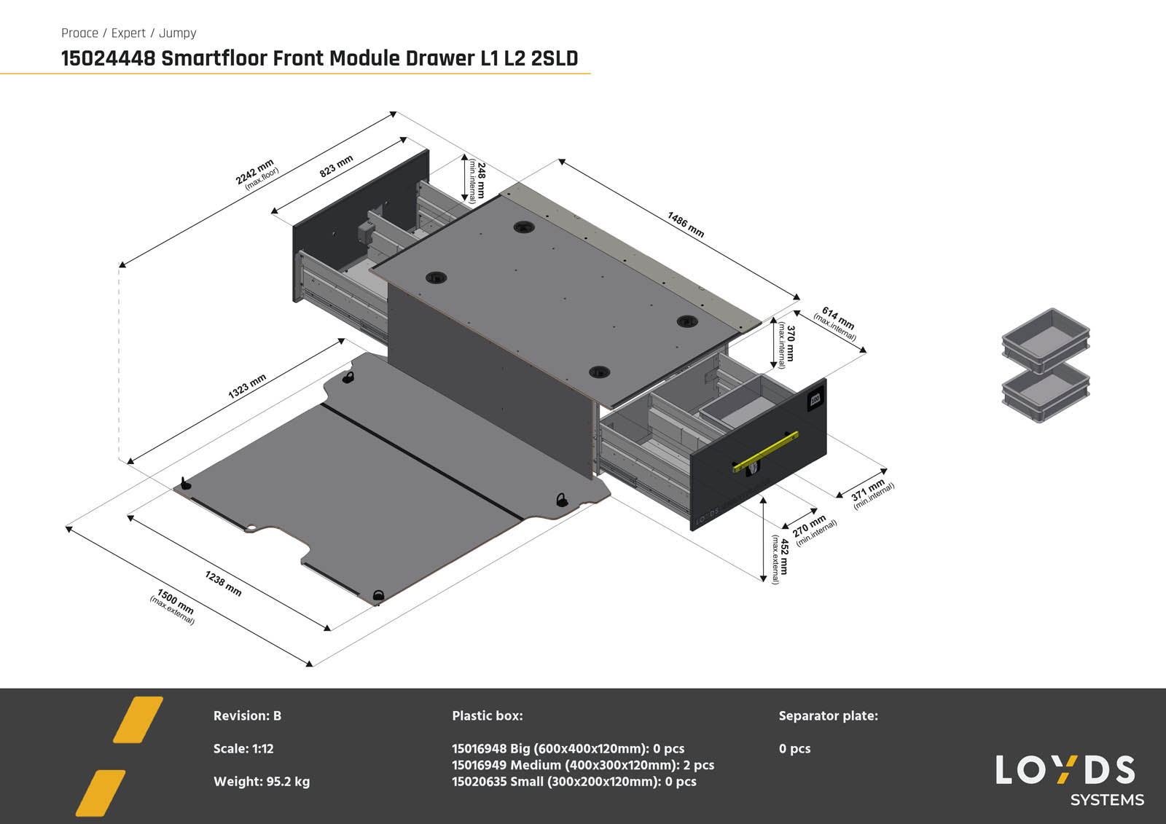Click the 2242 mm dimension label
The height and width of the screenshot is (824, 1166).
click(257, 173)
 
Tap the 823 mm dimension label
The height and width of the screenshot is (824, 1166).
click(336, 166)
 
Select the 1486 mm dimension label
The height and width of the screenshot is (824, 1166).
click(686, 224)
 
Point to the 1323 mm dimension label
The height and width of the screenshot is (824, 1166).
click(247, 386)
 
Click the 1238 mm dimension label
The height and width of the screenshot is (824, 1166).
click(223, 583)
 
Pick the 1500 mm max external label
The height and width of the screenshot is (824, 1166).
click(174, 606)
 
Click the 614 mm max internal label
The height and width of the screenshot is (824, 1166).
click(837, 323)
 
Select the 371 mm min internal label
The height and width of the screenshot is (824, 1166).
click(871, 493)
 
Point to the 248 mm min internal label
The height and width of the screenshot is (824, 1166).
click(477, 180)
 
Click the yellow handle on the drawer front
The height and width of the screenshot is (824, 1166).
click(765, 452)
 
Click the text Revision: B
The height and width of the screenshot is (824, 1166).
click(247, 715)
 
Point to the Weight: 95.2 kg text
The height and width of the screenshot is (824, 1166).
click(261, 781)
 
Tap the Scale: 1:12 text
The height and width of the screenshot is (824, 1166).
click(243, 748)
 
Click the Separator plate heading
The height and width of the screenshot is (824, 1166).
click(828, 715)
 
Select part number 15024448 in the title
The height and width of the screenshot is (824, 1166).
click(108, 58)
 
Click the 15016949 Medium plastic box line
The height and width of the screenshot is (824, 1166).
click(582, 765)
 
